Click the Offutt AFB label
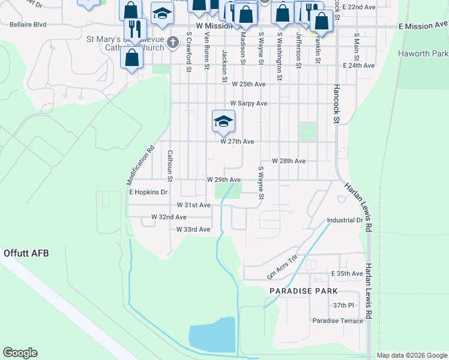25,253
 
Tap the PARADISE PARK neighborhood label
303,291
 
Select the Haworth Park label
423,54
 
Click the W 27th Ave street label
237,142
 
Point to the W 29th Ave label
224,180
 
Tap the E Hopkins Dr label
148,193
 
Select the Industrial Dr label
345,220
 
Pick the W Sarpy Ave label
249,103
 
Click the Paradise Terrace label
337,321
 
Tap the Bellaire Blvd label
28,25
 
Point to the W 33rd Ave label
193,230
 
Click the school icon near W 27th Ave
223,122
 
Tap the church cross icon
173,42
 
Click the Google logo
20,353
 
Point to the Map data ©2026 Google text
412,355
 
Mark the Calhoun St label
170,165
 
